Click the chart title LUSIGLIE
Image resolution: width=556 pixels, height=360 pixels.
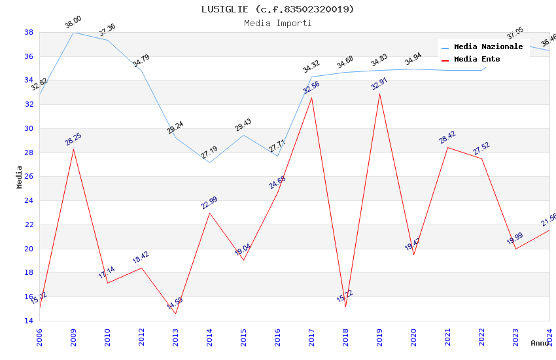coord(278,9)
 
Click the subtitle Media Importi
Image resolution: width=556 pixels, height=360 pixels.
coord(278,23)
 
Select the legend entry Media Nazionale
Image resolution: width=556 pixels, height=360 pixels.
coord(488,47)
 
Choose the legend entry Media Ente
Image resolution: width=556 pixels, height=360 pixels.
coord(477,60)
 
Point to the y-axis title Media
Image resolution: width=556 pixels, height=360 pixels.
coord(20,177)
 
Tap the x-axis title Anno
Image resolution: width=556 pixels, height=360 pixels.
coord(540,343)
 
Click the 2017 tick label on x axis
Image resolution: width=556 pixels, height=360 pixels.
coord(311,337)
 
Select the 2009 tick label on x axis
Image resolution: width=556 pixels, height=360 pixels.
coord(73,337)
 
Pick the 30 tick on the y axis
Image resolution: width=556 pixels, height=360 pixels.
coord(29,128)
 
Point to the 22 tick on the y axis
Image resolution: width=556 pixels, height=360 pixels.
coord(29,225)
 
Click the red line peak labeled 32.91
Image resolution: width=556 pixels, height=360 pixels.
coord(379,94)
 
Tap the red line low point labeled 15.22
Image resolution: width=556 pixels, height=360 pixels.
coord(345,306)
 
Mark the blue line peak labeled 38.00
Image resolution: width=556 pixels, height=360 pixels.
coord(73,32)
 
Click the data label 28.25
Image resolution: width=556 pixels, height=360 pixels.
coord(73,139)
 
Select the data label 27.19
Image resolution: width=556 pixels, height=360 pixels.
coord(209,153)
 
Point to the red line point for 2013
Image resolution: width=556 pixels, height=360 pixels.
coord(175,314)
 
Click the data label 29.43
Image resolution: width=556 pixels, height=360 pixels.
coord(243,125)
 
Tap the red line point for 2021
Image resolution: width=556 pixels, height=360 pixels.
coord(447,147)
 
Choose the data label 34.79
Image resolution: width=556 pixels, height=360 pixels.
coord(141,61)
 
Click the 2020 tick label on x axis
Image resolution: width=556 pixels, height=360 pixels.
coord(413,337)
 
